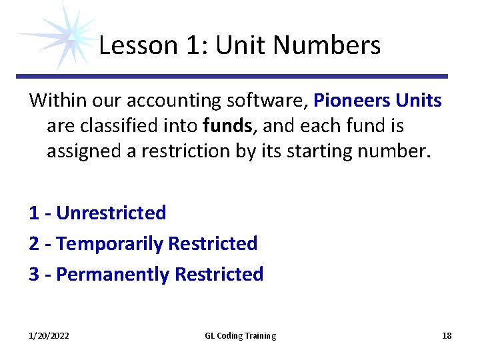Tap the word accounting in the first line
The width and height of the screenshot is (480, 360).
170,101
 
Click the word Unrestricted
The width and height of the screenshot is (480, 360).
111,213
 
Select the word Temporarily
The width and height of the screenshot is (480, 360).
110,244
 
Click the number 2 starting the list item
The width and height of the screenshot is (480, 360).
34,244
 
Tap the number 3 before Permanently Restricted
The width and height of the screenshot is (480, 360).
34,274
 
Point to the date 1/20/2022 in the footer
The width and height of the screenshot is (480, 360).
49,336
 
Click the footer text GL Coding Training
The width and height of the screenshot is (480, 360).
240,336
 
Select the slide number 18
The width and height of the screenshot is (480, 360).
447,336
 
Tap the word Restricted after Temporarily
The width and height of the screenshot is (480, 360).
213,244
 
